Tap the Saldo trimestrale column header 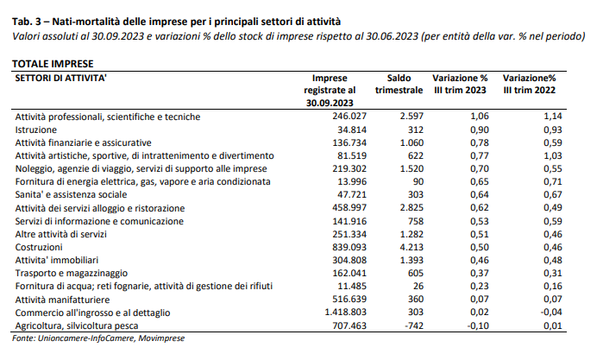pyautogui.click(x=399, y=83)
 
